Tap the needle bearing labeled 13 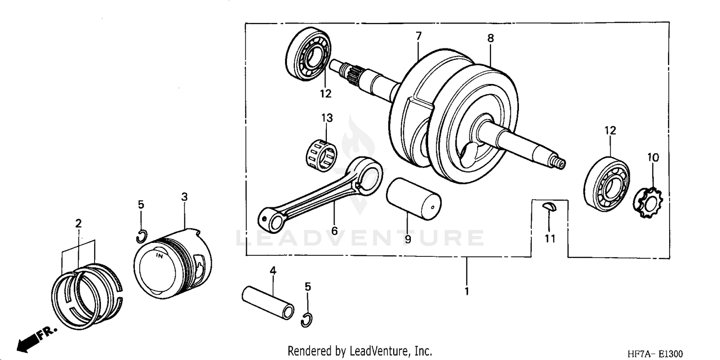coord(322,154)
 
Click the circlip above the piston coord(141,236)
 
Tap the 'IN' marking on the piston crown coord(159,257)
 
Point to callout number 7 coord(418,36)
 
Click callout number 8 coord(490,38)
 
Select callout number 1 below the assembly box coord(466,291)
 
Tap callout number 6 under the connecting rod coord(334,231)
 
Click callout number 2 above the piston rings coord(78,223)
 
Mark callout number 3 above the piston coord(184,197)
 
